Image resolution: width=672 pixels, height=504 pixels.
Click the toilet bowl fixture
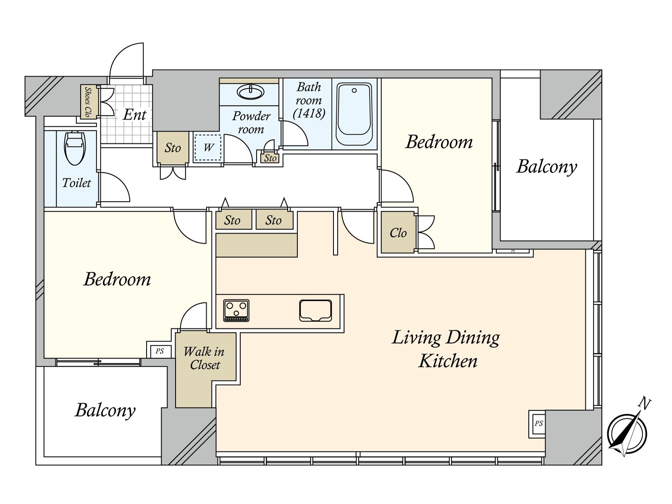[74, 148]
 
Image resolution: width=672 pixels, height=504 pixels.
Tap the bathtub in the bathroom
[354, 114]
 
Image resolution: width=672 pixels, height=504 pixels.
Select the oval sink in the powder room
[250, 92]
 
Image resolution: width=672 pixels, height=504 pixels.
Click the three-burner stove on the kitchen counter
[236, 310]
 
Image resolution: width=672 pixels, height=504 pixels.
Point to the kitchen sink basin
[315, 311]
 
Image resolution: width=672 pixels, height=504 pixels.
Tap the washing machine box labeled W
[208, 147]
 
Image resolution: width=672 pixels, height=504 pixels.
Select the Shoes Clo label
[87, 102]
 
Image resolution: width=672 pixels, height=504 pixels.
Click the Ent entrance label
[134, 115]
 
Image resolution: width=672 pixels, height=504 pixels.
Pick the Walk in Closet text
[204, 358]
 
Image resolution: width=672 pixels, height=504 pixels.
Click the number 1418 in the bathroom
[309, 113]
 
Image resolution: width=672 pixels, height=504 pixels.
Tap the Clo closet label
[398, 233]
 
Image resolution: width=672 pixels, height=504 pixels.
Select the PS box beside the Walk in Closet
[160, 351]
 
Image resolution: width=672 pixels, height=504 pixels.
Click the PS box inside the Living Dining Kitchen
[538, 423]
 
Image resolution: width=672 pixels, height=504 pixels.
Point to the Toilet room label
[76, 183]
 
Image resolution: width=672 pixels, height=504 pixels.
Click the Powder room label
[251, 122]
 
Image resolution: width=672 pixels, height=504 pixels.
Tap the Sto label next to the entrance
[173, 148]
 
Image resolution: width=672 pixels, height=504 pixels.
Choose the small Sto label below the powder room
[270, 158]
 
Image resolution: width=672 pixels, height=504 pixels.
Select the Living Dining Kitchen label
[446, 349]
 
